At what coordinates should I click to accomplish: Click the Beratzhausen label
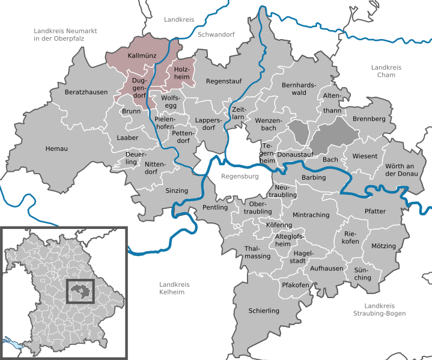tap(87, 93)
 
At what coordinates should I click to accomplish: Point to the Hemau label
tap(56, 148)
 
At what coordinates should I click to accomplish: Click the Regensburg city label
tap(239, 177)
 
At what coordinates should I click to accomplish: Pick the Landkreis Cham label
tap(382, 71)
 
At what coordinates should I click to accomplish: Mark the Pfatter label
tap(375, 211)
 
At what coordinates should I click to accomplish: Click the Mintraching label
tap(310, 215)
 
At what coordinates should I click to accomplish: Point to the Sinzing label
tap(177, 191)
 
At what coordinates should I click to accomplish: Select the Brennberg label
tap(369, 119)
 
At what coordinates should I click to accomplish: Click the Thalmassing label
tap(258, 252)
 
